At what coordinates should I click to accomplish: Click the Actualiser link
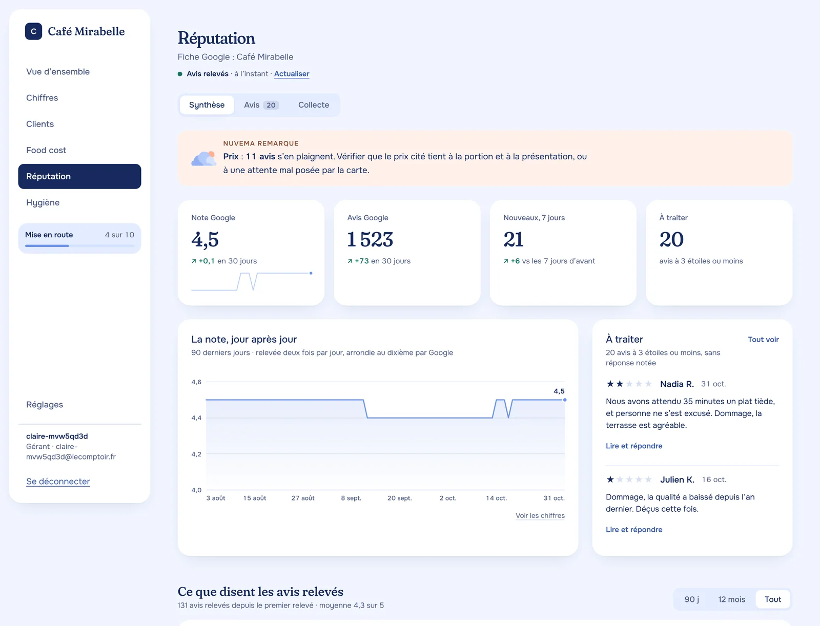(x=292, y=74)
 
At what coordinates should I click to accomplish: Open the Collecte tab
(x=314, y=105)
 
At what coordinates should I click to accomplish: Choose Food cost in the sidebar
(x=46, y=150)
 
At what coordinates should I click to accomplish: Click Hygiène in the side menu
(x=43, y=202)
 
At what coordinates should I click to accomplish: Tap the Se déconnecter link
(x=58, y=481)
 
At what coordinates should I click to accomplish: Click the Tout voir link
(x=763, y=339)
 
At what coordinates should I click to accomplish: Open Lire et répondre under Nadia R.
(x=633, y=446)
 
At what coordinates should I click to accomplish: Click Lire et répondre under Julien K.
(x=633, y=529)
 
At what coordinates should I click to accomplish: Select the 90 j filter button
(x=691, y=599)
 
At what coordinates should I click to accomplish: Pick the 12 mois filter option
(x=731, y=599)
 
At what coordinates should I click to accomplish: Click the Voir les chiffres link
(x=540, y=515)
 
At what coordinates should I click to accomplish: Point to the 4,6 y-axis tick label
(x=196, y=382)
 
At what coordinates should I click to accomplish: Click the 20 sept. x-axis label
(x=399, y=498)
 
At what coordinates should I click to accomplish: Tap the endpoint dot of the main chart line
(x=564, y=400)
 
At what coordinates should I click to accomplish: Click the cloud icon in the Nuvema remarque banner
(x=203, y=158)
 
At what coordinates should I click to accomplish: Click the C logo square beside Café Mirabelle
(x=34, y=31)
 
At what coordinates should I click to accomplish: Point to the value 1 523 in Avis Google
(x=370, y=239)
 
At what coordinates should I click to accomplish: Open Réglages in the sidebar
(x=45, y=405)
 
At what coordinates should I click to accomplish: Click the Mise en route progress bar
(x=79, y=245)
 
